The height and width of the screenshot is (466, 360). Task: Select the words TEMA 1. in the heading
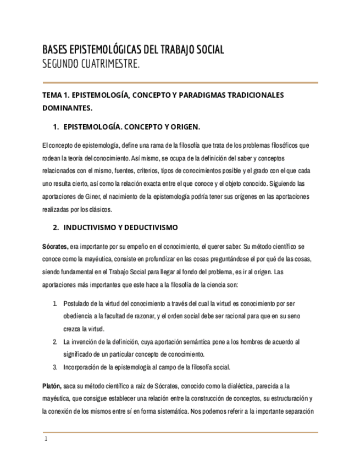coord(56,95)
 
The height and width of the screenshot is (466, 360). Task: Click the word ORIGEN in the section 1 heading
coord(183,127)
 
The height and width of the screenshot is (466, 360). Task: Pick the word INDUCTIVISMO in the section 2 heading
coord(89,227)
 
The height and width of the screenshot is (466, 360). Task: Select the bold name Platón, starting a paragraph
coord(52,386)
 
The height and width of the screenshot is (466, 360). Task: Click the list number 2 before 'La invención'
coord(55,342)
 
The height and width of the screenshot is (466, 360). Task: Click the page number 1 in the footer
coord(46,440)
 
